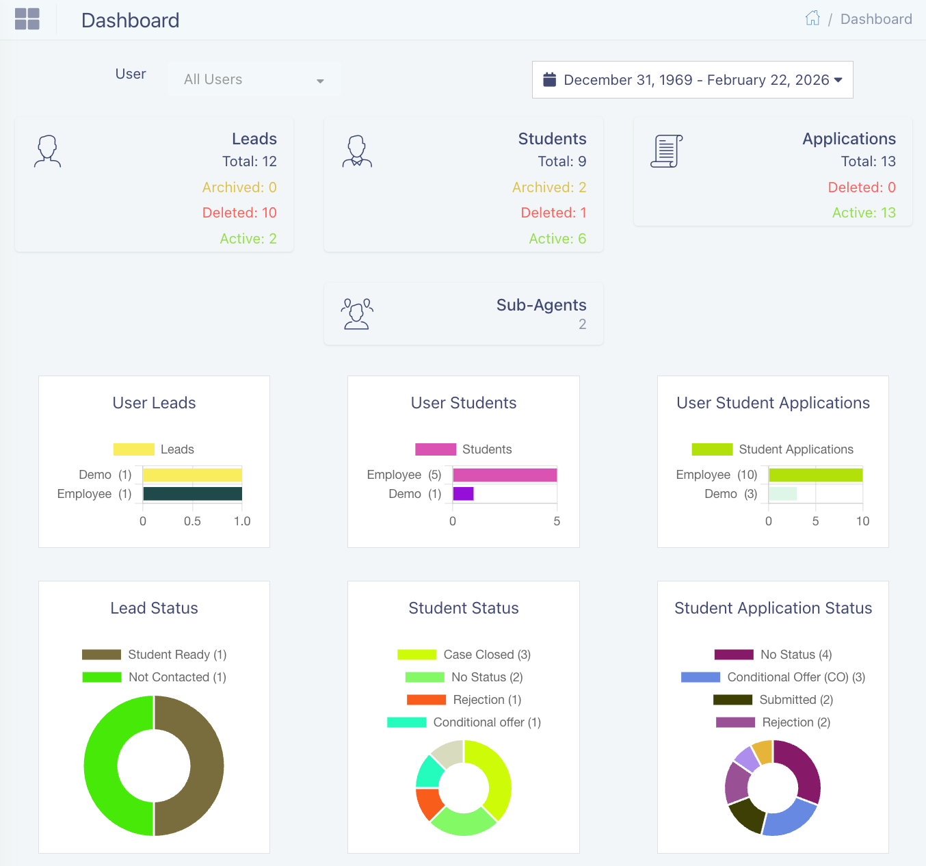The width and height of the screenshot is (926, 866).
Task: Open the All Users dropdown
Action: [x=254, y=79]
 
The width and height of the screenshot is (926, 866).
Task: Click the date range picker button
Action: [x=692, y=80]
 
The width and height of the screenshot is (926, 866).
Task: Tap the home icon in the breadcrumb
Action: [x=812, y=18]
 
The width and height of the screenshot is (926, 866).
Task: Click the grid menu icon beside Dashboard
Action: [x=27, y=19]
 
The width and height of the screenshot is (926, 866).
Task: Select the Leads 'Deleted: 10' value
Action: [x=239, y=213]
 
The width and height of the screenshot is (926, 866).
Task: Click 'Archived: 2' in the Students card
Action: [x=548, y=187]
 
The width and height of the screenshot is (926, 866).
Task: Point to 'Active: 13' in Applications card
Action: [x=863, y=213]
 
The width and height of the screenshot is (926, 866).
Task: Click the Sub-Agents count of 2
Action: [x=582, y=324]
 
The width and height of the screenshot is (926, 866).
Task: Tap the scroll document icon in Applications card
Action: [x=666, y=151]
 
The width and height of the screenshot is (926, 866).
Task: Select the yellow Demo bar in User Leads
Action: [x=192, y=475]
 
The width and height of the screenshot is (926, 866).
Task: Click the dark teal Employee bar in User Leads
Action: [x=192, y=494]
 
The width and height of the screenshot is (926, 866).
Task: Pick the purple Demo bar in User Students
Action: [x=463, y=494]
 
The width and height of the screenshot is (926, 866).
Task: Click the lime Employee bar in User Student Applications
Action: [x=815, y=475]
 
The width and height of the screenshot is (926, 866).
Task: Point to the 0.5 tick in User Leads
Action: [x=192, y=521]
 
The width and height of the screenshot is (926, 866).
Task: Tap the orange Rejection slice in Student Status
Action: [x=429, y=803]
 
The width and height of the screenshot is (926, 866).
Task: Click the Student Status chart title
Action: [x=464, y=608]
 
